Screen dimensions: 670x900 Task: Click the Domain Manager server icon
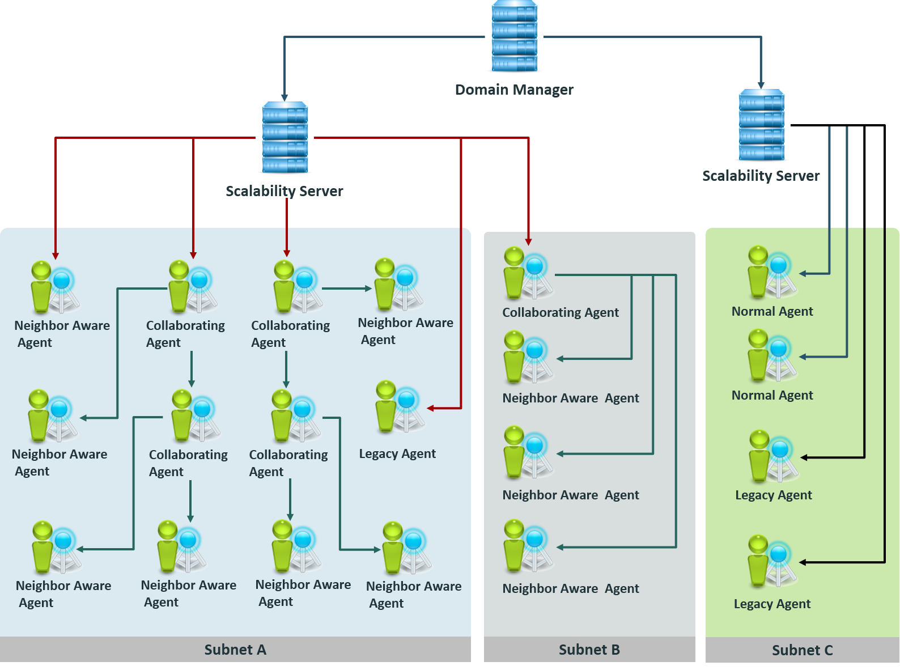pos(515,36)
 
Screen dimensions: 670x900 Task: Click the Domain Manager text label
pos(514,90)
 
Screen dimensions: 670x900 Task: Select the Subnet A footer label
pos(235,650)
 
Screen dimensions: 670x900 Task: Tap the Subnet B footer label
pos(589,650)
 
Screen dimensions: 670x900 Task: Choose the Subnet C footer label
pos(802,650)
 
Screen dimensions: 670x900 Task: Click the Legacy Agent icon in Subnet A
pos(399,406)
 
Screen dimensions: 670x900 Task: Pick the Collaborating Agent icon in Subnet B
pos(527,273)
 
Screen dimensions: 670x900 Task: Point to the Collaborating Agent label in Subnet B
pos(561,312)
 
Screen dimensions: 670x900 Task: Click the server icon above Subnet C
pos(762,125)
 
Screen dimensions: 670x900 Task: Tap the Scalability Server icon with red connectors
pos(285,138)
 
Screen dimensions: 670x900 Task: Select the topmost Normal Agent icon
pos(771,273)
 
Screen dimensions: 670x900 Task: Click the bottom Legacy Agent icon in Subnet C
pos(771,561)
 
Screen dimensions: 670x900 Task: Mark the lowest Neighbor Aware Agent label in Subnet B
pos(570,588)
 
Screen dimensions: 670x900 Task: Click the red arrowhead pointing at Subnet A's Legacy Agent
pos(431,408)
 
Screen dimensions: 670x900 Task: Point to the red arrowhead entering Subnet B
pos(528,242)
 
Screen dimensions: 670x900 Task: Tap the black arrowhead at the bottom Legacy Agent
pos(803,562)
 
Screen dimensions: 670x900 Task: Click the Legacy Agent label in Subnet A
pos(397,453)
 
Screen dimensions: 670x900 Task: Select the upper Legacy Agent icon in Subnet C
pos(773,456)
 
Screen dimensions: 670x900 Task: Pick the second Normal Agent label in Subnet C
pos(772,395)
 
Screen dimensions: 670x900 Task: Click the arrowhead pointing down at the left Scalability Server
pos(285,97)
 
